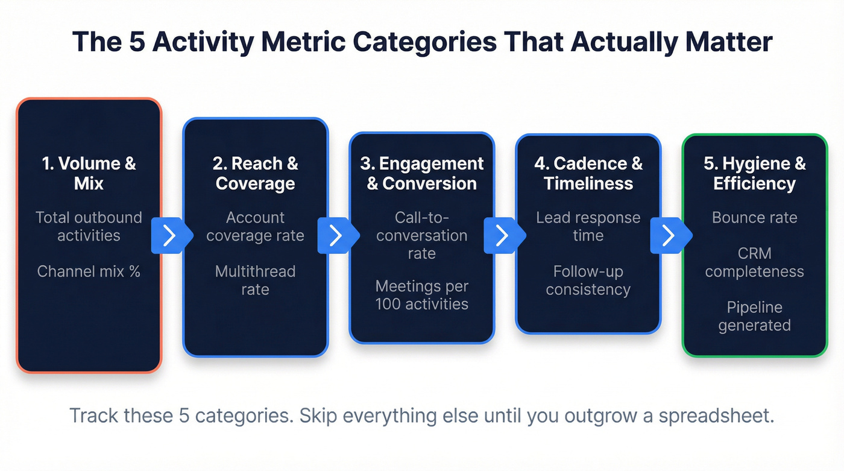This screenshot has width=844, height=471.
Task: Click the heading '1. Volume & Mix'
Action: pyautogui.click(x=89, y=173)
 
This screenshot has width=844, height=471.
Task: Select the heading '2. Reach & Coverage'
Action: pyautogui.click(x=255, y=173)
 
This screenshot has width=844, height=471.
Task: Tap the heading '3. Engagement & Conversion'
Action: pyautogui.click(x=422, y=173)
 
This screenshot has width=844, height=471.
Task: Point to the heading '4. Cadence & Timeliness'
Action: pyautogui.click(x=588, y=173)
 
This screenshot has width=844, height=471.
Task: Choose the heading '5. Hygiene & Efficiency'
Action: pyautogui.click(x=755, y=173)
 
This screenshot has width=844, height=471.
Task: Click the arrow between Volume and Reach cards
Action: pyautogui.click(x=169, y=235)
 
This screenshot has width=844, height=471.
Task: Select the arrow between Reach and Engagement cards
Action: pyautogui.click(x=336, y=235)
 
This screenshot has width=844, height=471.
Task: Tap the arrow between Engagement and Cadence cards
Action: pyautogui.click(x=502, y=235)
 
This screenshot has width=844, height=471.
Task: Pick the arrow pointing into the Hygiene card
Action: pyautogui.click(x=669, y=235)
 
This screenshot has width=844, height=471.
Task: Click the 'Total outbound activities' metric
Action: pyautogui.click(x=89, y=226)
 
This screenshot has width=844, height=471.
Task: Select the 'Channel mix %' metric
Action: pyautogui.click(x=89, y=271)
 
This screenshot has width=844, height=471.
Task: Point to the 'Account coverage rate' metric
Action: pyautogui.click(x=255, y=226)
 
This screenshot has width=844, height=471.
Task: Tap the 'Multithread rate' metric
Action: pyautogui.click(x=255, y=280)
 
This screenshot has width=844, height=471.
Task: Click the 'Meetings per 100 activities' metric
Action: pyautogui.click(x=422, y=294)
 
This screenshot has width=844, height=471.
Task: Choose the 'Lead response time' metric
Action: pyautogui.click(x=588, y=226)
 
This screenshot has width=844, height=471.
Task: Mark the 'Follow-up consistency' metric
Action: pyautogui.click(x=588, y=280)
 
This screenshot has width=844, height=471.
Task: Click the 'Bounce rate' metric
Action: pyautogui.click(x=755, y=217)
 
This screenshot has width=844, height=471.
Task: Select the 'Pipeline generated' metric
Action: pyautogui.click(x=755, y=316)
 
